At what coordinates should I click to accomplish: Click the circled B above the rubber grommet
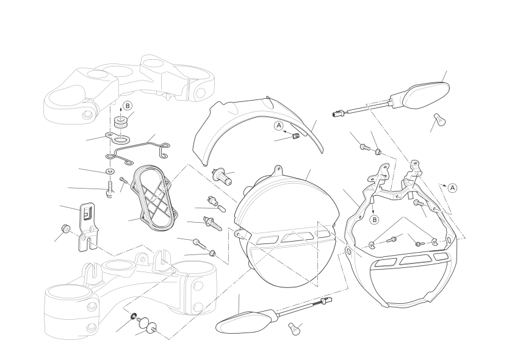click(x=128, y=106)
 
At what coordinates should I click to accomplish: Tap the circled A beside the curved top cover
click(x=279, y=126)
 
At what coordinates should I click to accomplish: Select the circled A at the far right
click(x=452, y=188)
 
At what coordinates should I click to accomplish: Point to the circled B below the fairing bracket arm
click(x=374, y=220)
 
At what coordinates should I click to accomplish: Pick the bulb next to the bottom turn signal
click(x=294, y=329)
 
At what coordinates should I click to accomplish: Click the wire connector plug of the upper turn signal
click(x=338, y=113)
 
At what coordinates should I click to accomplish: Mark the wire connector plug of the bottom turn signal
click(x=327, y=301)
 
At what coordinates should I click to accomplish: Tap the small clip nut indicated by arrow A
click(x=295, y=137)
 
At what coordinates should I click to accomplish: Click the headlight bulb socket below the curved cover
click(x=222, y=176)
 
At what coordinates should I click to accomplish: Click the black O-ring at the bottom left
click(x=134, y=316)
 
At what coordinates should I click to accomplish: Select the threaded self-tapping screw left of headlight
click(x=212, y=223)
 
